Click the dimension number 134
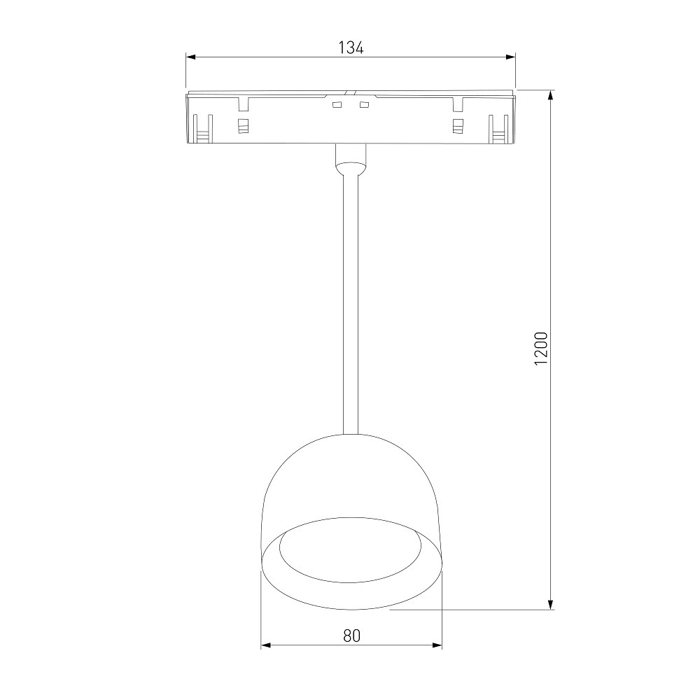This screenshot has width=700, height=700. [351, 48]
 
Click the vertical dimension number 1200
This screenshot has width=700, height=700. [540, 348]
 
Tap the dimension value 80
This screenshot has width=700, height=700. [352, 636]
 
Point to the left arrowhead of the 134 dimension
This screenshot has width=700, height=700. [191, 57]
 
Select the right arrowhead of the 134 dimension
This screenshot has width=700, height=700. [510, 57]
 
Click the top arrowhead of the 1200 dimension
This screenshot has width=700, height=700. [552, 95]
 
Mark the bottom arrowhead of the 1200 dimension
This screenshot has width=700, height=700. [552, 604]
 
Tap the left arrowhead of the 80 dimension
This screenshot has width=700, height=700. [267, 645]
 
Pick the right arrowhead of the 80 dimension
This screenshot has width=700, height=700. [436, 645]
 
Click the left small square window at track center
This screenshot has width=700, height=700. [337, 105]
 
